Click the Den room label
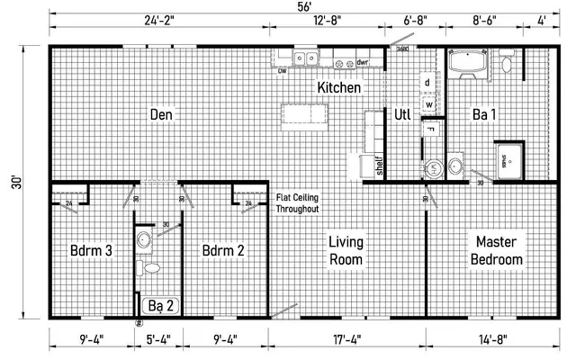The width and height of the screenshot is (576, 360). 162,115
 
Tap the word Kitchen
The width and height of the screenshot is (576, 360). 339,88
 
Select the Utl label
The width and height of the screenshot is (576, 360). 402,114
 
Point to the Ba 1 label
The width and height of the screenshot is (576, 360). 487,114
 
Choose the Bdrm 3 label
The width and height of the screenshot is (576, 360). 90,250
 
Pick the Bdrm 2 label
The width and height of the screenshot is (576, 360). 223,250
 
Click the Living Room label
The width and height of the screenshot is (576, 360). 346,250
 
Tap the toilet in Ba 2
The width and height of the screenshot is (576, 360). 151,267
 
